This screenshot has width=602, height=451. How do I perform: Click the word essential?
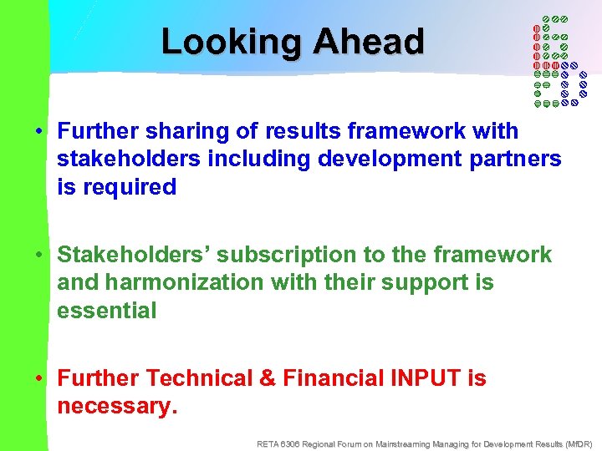106,311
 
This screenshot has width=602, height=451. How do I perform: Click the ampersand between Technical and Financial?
268,378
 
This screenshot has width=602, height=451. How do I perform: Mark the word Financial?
334,378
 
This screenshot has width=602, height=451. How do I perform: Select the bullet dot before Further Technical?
39,379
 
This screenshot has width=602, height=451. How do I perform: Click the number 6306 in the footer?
290,443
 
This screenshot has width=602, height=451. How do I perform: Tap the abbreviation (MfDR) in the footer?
578,443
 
